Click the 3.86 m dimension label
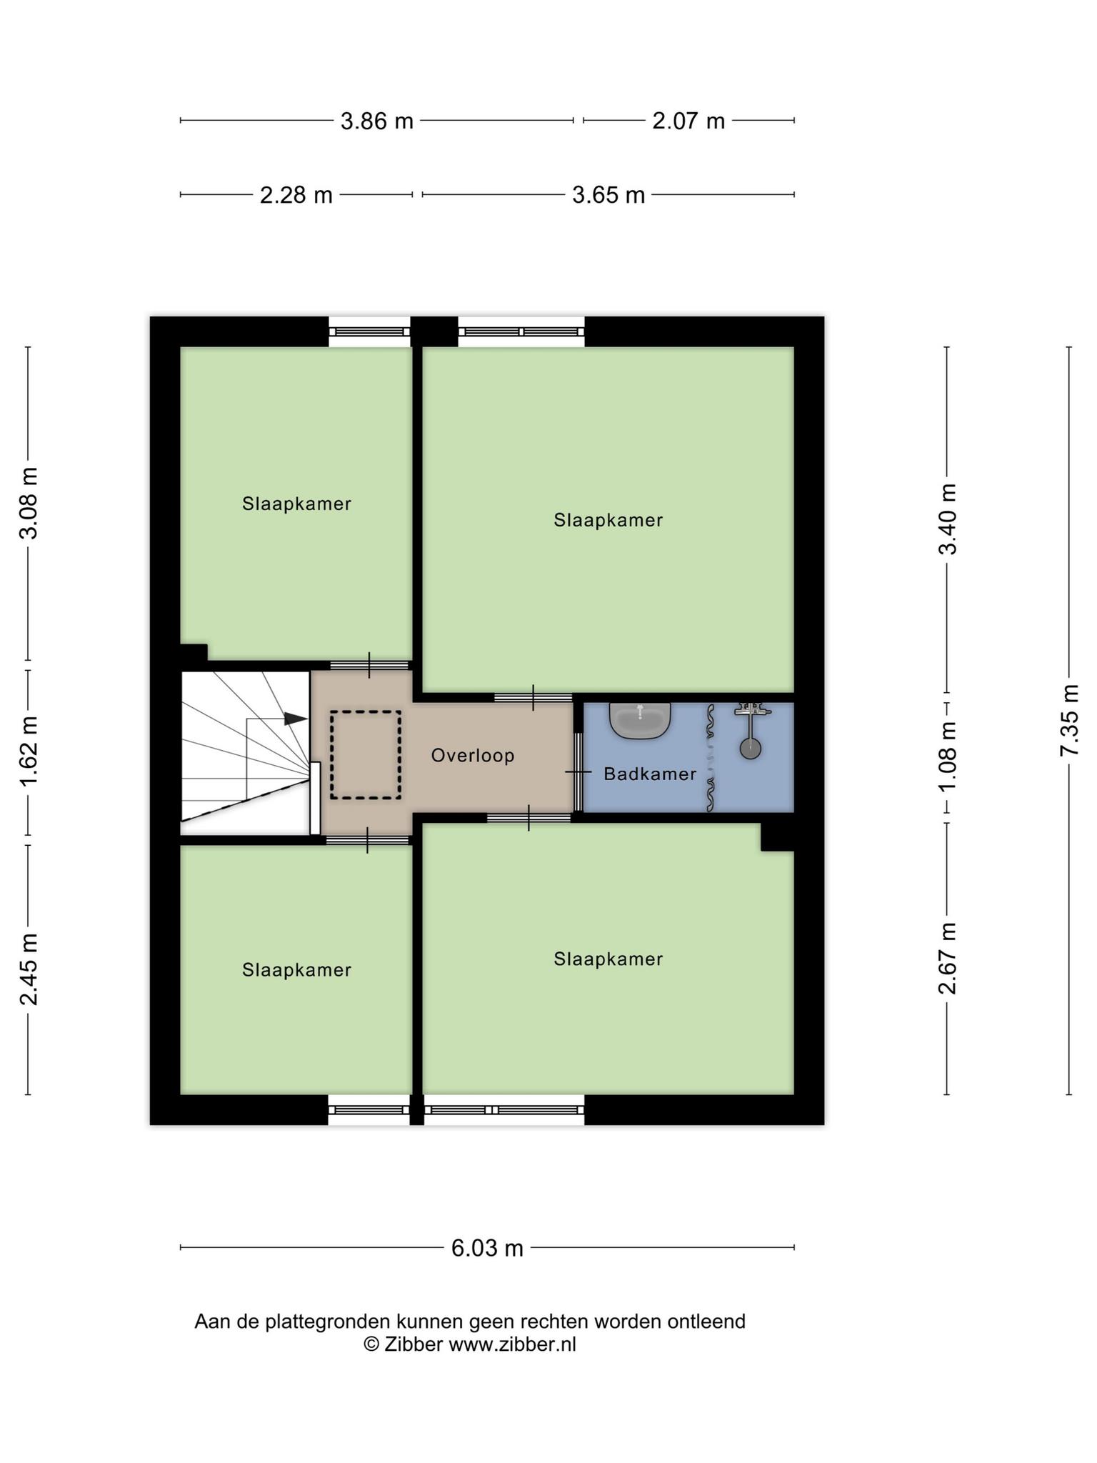coord(377,121)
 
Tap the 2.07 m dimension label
coord(688,121)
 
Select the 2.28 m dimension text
coord(296,195)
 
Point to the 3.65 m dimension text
coord(608,195)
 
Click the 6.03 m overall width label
coord(487,1248)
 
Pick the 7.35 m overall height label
coord(1070,720)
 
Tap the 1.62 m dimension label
coord(29,752)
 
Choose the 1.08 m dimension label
coord(948,757)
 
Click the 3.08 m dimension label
coord(29,504)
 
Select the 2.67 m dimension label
coord(948,959)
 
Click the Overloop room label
coord(473,755)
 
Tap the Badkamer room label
coord(650,774)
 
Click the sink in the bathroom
coord(640,720)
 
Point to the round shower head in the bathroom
coord(750,749)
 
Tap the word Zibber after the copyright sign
coord(414,1344)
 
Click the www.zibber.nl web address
coord(512,1344)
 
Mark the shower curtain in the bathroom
coord(710,758)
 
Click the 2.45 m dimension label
coord(29,969)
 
